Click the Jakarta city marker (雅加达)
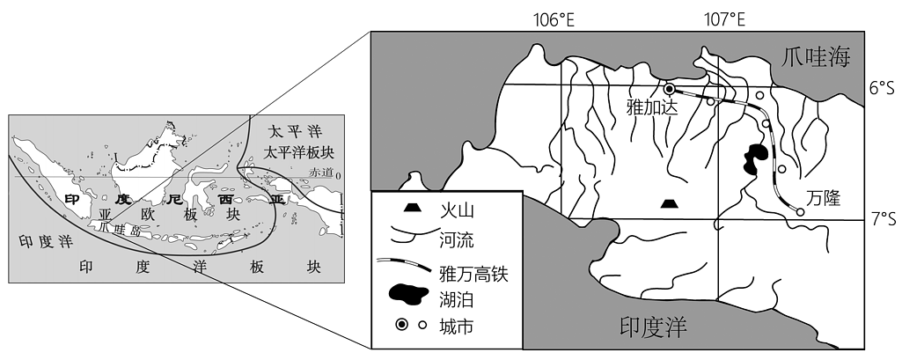(x=669, y=89)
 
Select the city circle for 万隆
(x=800, y=211)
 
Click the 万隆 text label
(x=823, y=199)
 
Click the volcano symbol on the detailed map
(x=669, y=203)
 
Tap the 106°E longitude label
(x=554, y=21)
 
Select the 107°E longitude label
(x=725, y=21)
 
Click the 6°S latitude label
(x=883, y=88)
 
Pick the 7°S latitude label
(x=883, y=219)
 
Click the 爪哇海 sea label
(x=816, y=57)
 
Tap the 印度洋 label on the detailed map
(x=654, y=327)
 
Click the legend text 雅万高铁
(x=473, y=273)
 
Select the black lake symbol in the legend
(x=409, y=294)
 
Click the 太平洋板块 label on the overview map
(x=298, y=152)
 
